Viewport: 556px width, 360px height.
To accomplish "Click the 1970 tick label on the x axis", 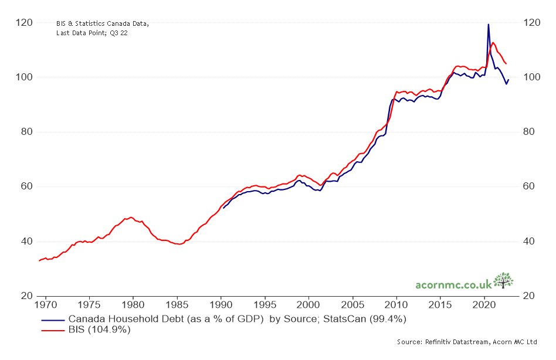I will tap(45, 305).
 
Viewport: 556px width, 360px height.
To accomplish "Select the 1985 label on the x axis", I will tap(177, 305).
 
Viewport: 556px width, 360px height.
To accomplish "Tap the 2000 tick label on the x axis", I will tap(308, 305).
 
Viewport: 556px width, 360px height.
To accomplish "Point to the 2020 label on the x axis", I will tap(484, 305).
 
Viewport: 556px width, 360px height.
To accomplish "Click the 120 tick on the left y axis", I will tap(25, 22).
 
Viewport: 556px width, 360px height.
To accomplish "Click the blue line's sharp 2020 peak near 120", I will tap(488, 25).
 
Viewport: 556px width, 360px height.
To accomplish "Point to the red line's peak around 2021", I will tap(493, 42).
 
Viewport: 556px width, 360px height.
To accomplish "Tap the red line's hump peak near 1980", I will tap(130, 217).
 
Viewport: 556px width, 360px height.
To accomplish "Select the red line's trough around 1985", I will tap(178, 244).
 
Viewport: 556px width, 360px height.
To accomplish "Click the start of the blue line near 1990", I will tap(223, 208).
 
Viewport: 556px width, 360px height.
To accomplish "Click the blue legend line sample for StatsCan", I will tap(52, 320).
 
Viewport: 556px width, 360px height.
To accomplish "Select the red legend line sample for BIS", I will tap(52, 330).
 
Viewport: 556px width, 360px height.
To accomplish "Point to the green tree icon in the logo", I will tap(503, 280).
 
